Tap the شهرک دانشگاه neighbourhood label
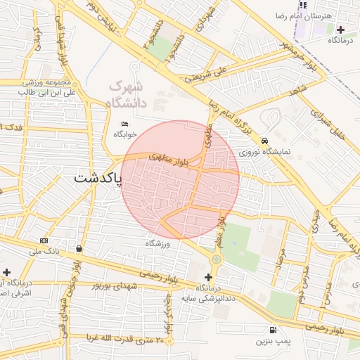(x=127, y=94)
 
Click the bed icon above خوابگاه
(x=125, y=124)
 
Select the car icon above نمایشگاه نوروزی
(x=264, y=140)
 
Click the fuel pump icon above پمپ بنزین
(x=272, y=330)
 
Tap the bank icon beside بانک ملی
(x=44, y=241)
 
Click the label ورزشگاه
(x=158, y=243)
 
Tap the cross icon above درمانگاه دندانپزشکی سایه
(x=208, y=277)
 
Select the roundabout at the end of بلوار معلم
(x=216, y=259)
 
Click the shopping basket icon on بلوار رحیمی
(x=79, y=249)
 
